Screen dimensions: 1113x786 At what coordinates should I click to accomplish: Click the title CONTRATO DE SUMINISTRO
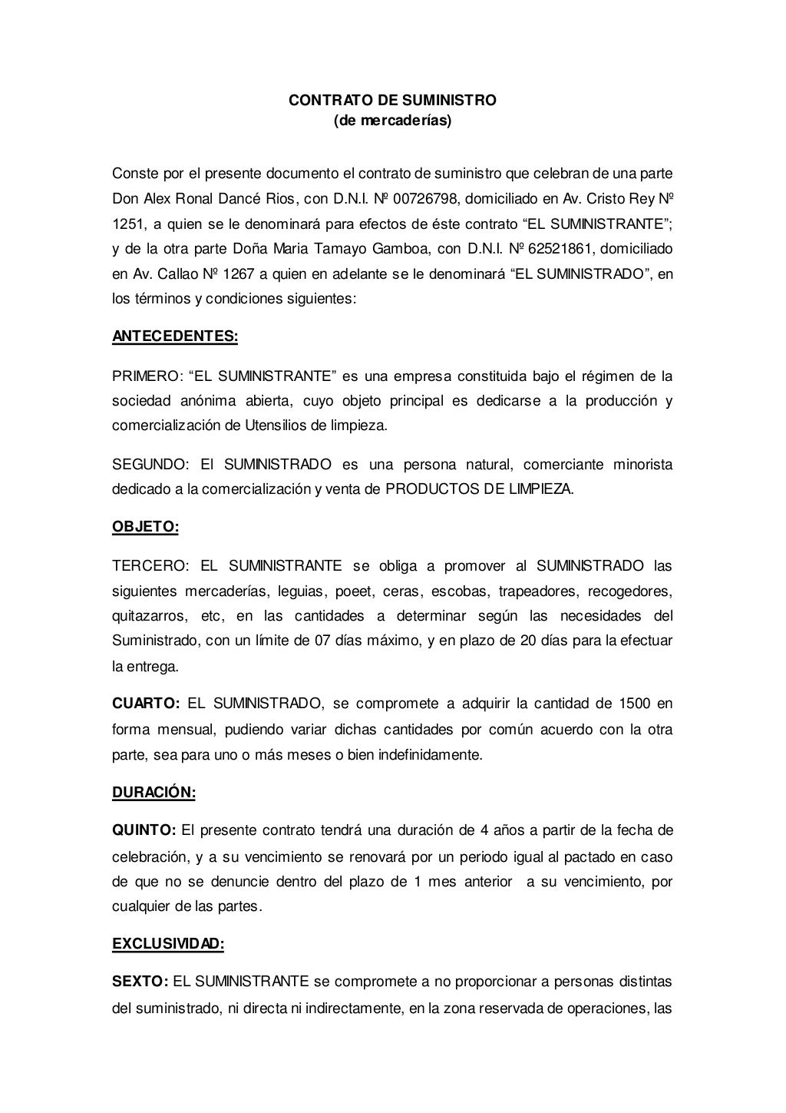(x=392, y=101)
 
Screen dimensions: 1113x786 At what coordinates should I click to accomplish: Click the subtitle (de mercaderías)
(x=392, y=121)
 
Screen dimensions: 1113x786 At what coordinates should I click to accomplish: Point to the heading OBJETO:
(x=145, y=527)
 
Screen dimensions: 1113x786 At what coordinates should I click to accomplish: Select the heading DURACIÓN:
(x=154, y=793)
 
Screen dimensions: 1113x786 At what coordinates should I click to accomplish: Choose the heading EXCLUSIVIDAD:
(x=168, y=944)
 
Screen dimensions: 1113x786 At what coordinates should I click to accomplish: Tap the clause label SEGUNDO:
(x=150, y=465)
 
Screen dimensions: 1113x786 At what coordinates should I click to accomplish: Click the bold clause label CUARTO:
(x=146, y=704)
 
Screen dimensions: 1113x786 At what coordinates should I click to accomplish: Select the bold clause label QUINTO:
(x=144, y=830)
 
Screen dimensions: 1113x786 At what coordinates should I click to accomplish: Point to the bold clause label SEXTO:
(x=140, y=981)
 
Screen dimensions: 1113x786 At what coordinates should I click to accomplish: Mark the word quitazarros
(x=147, y=616)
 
